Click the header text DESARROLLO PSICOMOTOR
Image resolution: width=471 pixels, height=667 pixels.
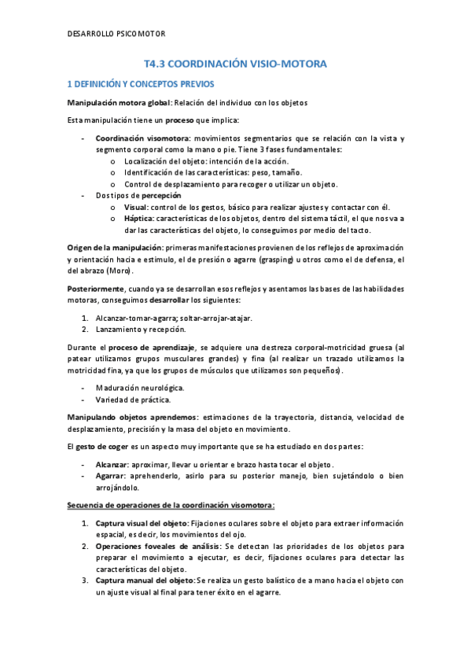[x=117, y=33]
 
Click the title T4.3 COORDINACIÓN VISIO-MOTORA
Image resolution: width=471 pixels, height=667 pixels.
[x=235, y=64]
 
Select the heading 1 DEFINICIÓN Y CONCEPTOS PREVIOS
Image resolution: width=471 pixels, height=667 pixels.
[x=141, y=83]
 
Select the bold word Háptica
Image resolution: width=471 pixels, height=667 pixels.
[x=140, y=218]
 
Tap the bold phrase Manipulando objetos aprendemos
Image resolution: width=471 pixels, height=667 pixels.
[x=131, y=418]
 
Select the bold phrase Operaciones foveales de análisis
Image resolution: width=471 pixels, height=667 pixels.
[x=158, y=545]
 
